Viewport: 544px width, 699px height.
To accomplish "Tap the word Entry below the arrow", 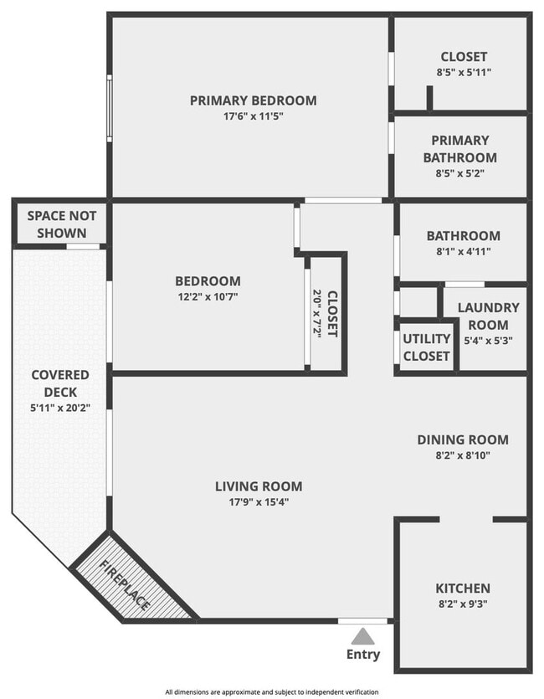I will [x=362, y=655].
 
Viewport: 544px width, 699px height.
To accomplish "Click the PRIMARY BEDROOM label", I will [x=253, y=100].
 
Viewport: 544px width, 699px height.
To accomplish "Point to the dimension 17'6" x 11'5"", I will [x=253, y=117].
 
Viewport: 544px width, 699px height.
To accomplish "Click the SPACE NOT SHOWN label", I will [x=62, y=224].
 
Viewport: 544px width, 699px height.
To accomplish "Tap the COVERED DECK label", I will [x=60, y=383].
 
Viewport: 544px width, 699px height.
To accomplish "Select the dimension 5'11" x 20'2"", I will [x=60, y=408].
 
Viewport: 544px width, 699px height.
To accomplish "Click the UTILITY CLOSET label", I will [x=427, y=347].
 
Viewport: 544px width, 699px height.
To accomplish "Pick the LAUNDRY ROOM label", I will [x=488, y=316].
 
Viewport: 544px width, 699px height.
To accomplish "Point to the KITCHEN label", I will [x=462, y=588].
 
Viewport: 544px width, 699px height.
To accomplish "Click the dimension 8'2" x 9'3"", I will [x=462, y=605].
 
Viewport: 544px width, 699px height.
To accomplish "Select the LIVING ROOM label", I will [x=259, y=486].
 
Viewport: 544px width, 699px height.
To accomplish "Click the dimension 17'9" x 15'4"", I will [x=259, y=502].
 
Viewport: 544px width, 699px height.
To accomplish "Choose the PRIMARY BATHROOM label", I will [x=459, y=149].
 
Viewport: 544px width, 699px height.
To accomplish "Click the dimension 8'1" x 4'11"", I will [x=463, y=252].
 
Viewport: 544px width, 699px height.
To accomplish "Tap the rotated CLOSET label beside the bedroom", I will [x=332, y=313].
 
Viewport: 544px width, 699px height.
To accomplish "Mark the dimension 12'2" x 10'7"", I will [x=207, y=297].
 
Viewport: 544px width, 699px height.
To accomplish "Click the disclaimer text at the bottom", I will [x=271, y=691].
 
